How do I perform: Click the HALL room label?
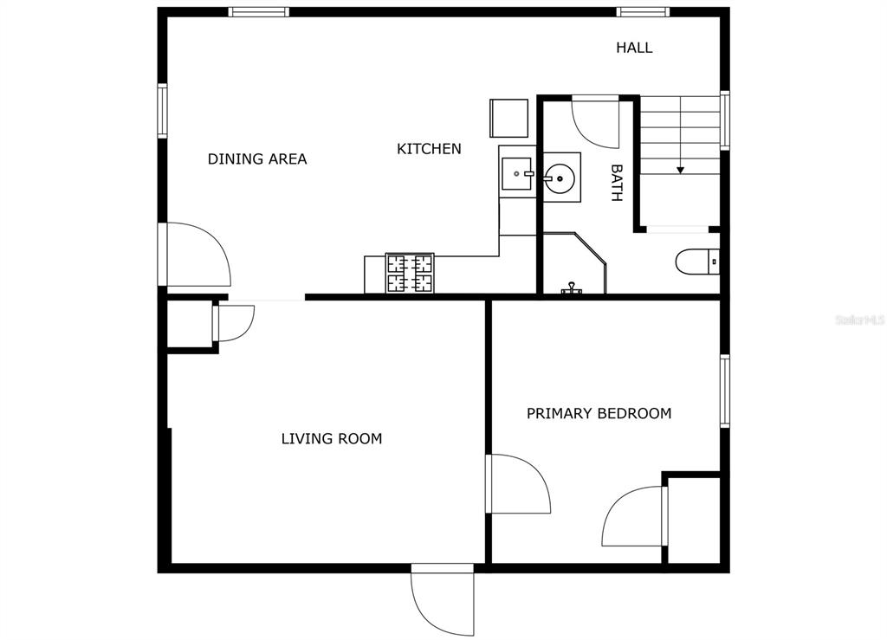[x=634, y=48]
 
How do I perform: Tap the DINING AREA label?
[x=257, y=158]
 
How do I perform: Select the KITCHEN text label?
[x=429, y=149]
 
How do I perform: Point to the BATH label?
[x=617, y=183]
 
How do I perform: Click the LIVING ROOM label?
[x=332, y=438]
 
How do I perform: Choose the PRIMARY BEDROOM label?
[x=599, y=413]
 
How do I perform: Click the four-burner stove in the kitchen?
[x=410, y=273]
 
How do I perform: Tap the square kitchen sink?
[x=517, y=173]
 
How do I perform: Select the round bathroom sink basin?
[x=560, y=178]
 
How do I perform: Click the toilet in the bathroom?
[x=697, y=262]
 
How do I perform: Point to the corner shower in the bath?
[x=573, y=263]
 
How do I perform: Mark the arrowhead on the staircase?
[x=681, y=170]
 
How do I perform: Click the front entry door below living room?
[x=443, y=599]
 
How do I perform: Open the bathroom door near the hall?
[x=595, y=123]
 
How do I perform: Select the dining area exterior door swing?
[x=194, y=254]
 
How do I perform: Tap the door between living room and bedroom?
[x=518, y=484]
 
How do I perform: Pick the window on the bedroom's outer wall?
[x=725, y=391]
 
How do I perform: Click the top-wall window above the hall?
[x=643, y=12]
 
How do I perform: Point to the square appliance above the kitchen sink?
[x=508, y=118]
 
